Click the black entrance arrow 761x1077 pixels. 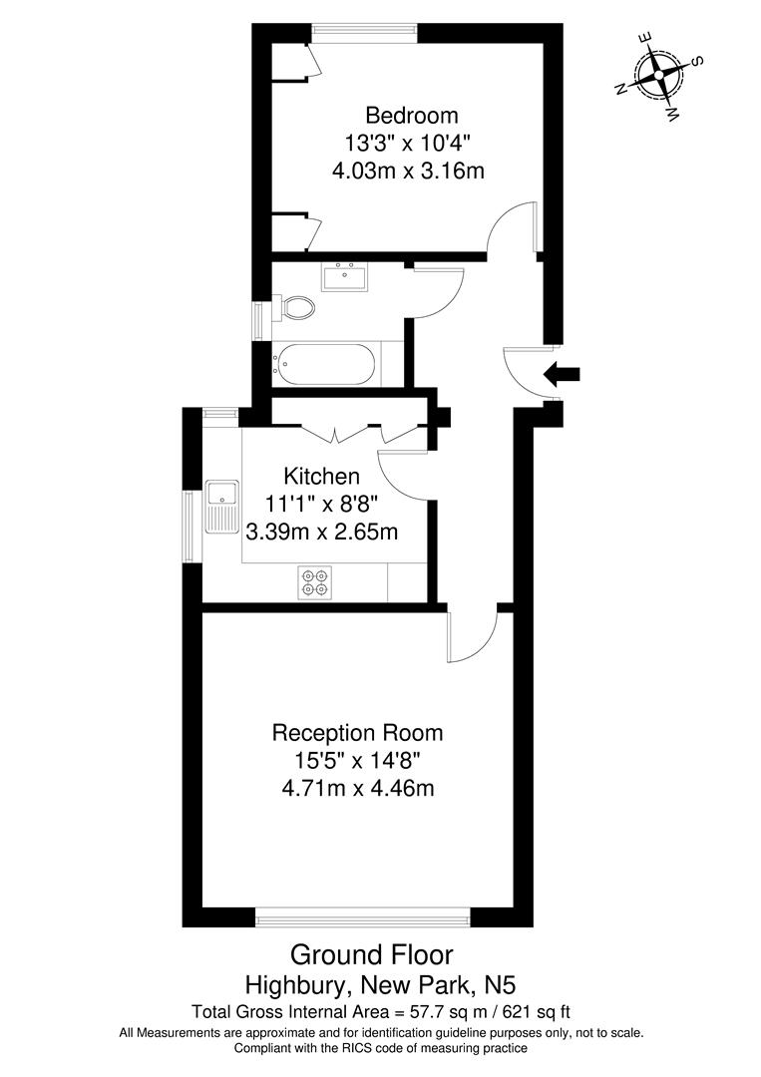coord(561,375)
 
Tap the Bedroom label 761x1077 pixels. coord(411,115)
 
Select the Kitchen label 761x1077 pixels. coord(321,475)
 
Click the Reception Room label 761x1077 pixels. coord(357,733)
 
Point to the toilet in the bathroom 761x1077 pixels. coord(294,307)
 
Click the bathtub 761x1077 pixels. coord(326,364)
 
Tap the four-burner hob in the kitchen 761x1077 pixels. coord(316,582)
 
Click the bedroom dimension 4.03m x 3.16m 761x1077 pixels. coord(408,171)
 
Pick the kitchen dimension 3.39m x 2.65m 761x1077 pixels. coord(321,532)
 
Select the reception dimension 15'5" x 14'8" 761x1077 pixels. coord(357,761)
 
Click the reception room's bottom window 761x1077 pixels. coord(363,916)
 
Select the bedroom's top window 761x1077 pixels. coord(364,32)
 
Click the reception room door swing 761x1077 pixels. coord(471,637)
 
